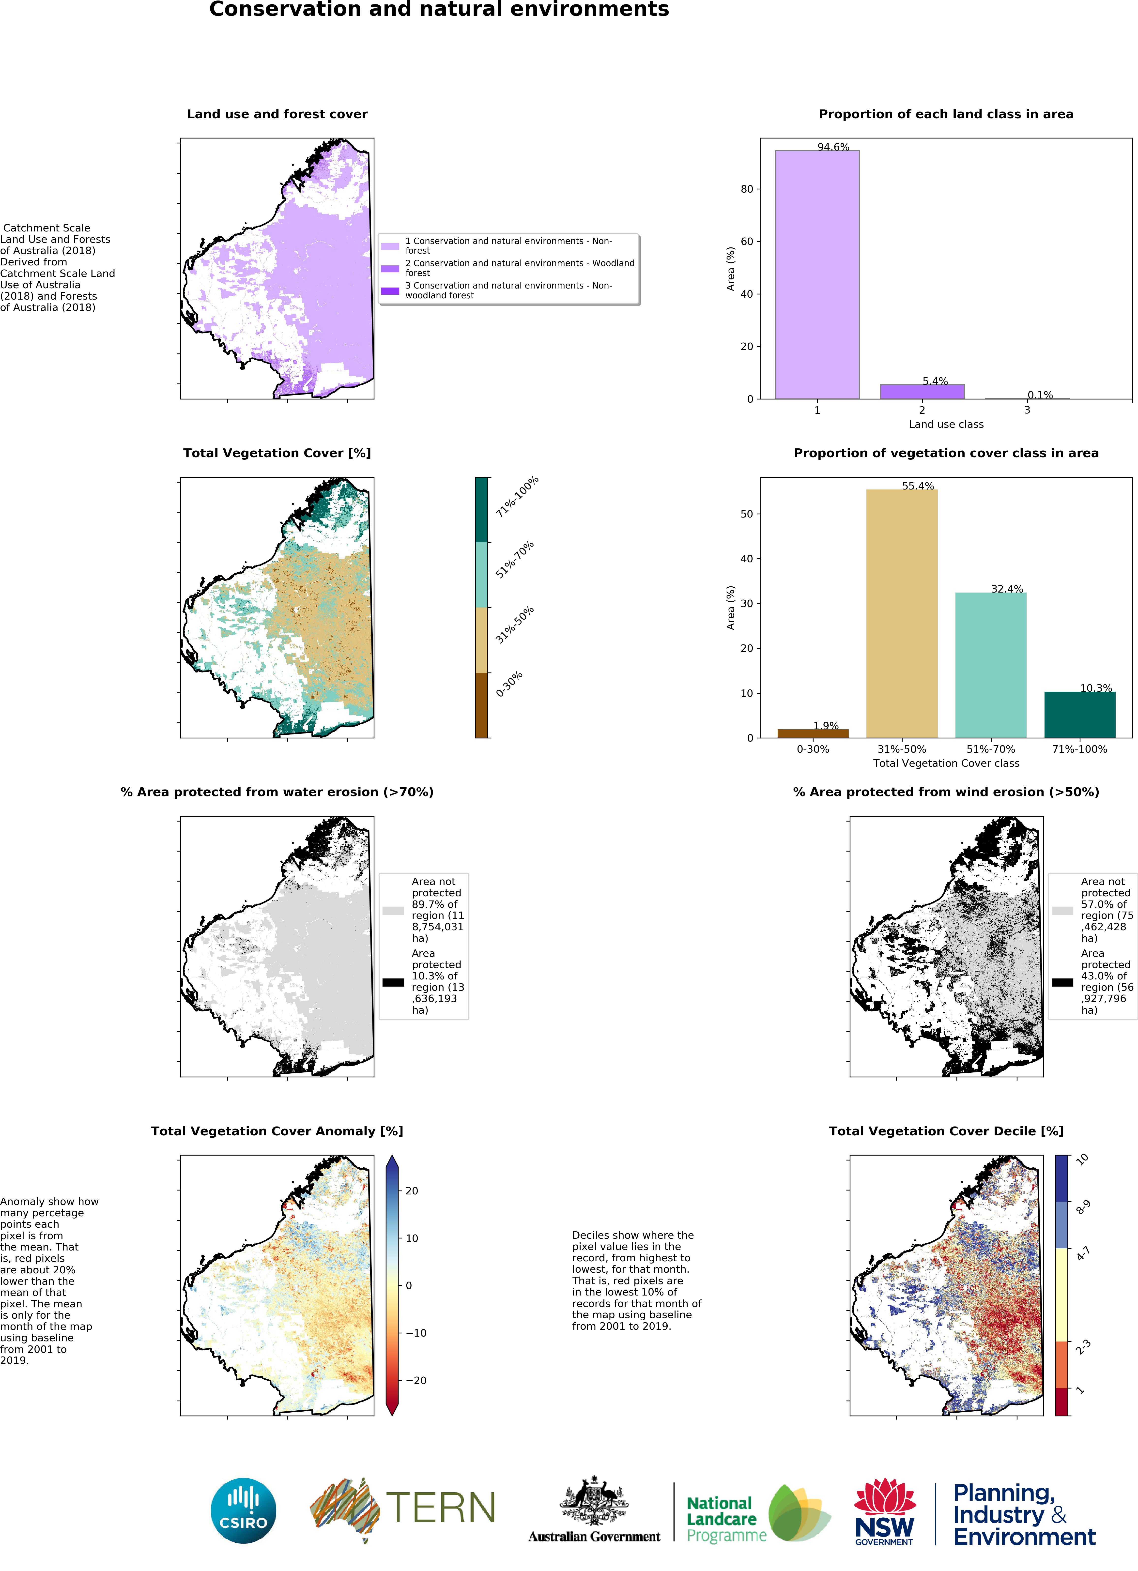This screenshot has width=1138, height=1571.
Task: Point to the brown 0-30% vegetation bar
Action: [x=813, y=733]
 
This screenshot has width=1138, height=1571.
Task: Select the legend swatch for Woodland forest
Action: [x=390, y=268]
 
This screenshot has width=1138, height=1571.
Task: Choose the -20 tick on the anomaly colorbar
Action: [x=415, y=1380]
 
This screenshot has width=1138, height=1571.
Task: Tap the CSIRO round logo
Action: [x=243, y=1511]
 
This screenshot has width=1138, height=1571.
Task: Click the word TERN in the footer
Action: [x=441, y=1507]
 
